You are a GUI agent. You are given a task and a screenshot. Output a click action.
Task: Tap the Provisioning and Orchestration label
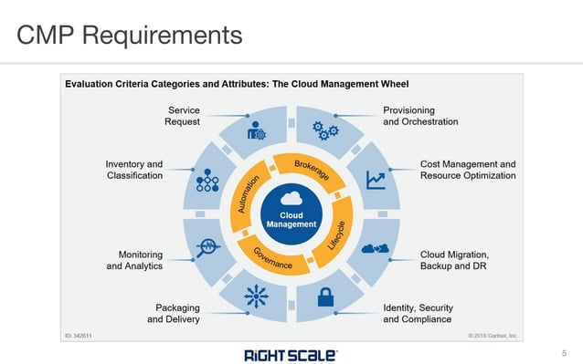[420, 116]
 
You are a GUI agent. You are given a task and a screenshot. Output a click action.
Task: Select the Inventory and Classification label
[134, 170]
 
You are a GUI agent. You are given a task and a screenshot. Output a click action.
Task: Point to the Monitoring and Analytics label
[134, 260]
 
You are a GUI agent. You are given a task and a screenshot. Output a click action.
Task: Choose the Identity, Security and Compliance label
[418, 314]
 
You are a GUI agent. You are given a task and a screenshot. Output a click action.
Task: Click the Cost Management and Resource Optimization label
[467, 170]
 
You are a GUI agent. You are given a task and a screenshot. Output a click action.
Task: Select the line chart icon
[375, 180]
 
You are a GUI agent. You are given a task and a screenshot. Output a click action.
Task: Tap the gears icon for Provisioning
[325, 129]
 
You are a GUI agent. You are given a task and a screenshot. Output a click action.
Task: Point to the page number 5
[564, 351]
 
